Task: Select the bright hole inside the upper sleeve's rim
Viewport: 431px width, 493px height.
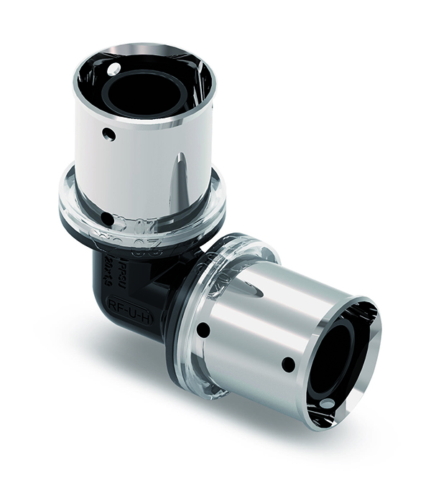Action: click(x=113, y=69)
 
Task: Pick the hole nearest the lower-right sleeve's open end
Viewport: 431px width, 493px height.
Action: click(x=288, y=365)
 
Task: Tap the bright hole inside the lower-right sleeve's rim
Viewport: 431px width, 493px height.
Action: click(x=328, y=403)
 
